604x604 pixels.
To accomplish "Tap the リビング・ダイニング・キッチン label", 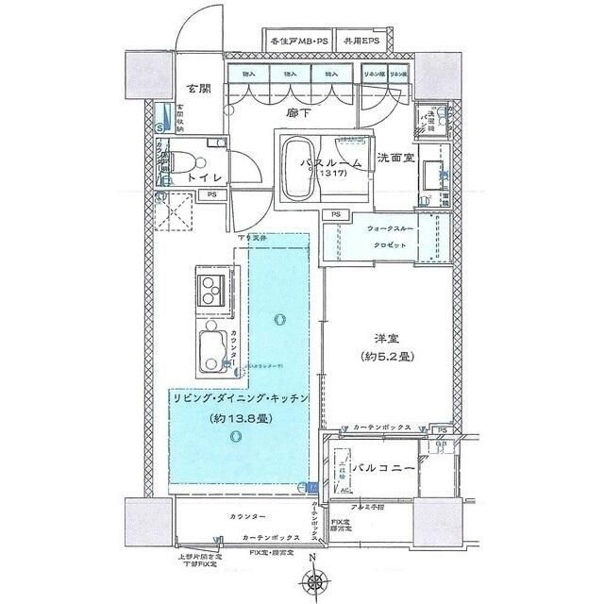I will (x=241, y=399).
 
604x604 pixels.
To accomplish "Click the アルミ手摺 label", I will (x=388, y=508).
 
